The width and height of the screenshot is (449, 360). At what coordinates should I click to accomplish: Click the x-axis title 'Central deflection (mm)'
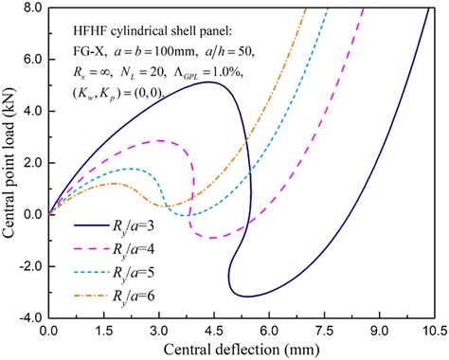coord(241,350)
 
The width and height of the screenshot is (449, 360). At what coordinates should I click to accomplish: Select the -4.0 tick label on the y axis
coord(28,317)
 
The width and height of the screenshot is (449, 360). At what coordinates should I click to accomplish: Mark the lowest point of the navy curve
coord(248,297)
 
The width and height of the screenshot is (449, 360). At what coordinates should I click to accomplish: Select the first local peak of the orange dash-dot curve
coord(115,183)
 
